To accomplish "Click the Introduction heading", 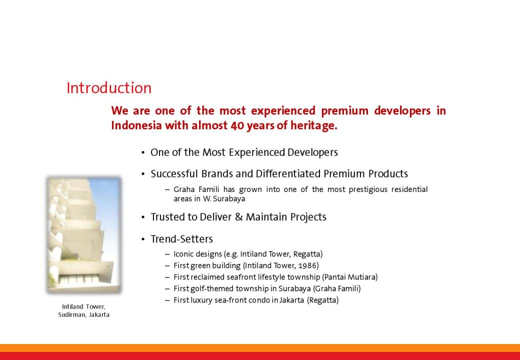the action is pos(109,88).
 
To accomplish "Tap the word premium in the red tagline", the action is pos(344,110).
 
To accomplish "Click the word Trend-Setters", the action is pos(181,239).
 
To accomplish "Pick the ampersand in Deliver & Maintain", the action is pos(239,217).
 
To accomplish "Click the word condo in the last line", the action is pos(258,300).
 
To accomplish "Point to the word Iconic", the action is pos(183,254).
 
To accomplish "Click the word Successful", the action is pos(174,173).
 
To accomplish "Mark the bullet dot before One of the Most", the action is pos(143,153).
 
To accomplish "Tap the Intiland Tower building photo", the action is pos(84,235).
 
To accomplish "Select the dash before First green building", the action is pos(167,266).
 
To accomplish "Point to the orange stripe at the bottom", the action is pos(260,348).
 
